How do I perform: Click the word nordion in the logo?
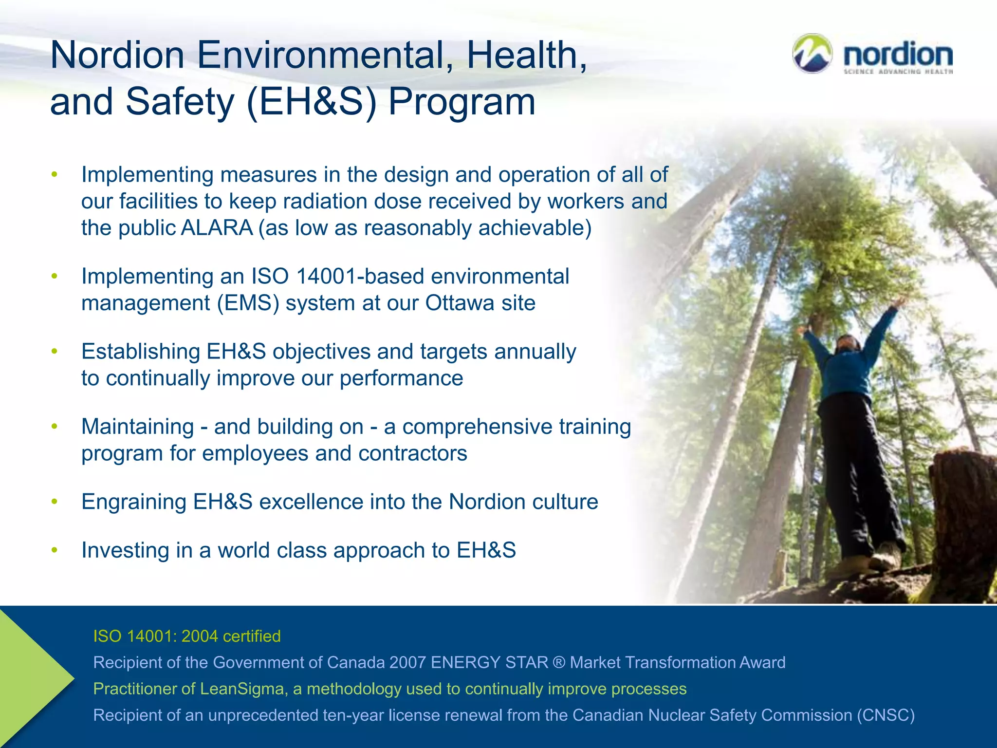898,55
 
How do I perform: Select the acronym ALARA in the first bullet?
217,228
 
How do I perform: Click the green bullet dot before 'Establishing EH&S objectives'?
55,351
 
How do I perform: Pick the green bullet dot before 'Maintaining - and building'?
55,427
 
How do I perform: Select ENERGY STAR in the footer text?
489,662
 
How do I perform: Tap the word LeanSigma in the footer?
242,689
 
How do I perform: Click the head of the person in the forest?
847,343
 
